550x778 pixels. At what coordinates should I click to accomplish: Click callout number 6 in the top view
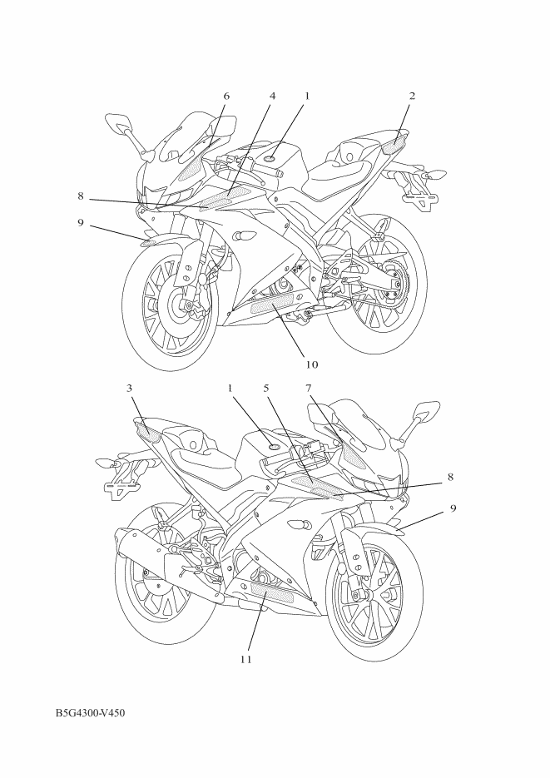coord(226,96)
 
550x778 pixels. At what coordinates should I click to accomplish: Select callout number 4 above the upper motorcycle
coord(272,96)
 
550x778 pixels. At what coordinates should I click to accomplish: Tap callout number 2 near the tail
coord(412,96)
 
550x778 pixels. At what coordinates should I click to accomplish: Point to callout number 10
coord(311,364)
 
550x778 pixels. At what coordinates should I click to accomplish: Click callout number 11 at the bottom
coord(246,659)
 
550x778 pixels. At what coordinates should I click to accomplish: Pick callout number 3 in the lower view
coord(130,388)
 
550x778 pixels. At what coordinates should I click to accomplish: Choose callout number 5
coord(266,388)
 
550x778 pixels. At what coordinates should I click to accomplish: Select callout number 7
coord(309,388)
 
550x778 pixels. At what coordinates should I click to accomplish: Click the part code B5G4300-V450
coord(90,713)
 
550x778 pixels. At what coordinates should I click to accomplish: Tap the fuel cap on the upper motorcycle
coord(270,159)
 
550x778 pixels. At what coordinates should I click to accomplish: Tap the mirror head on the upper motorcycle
coord(116,122)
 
